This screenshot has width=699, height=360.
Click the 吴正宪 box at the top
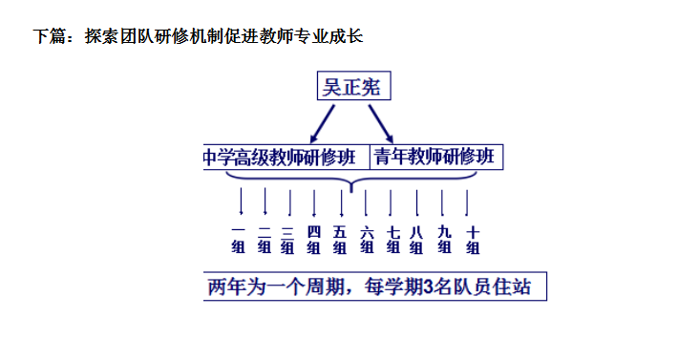tap(351, 88)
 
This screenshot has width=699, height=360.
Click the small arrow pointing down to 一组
tap(241, 202)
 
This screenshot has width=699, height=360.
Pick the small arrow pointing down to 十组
tap(467, 202)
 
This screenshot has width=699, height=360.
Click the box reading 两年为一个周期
tap(375, 286)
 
